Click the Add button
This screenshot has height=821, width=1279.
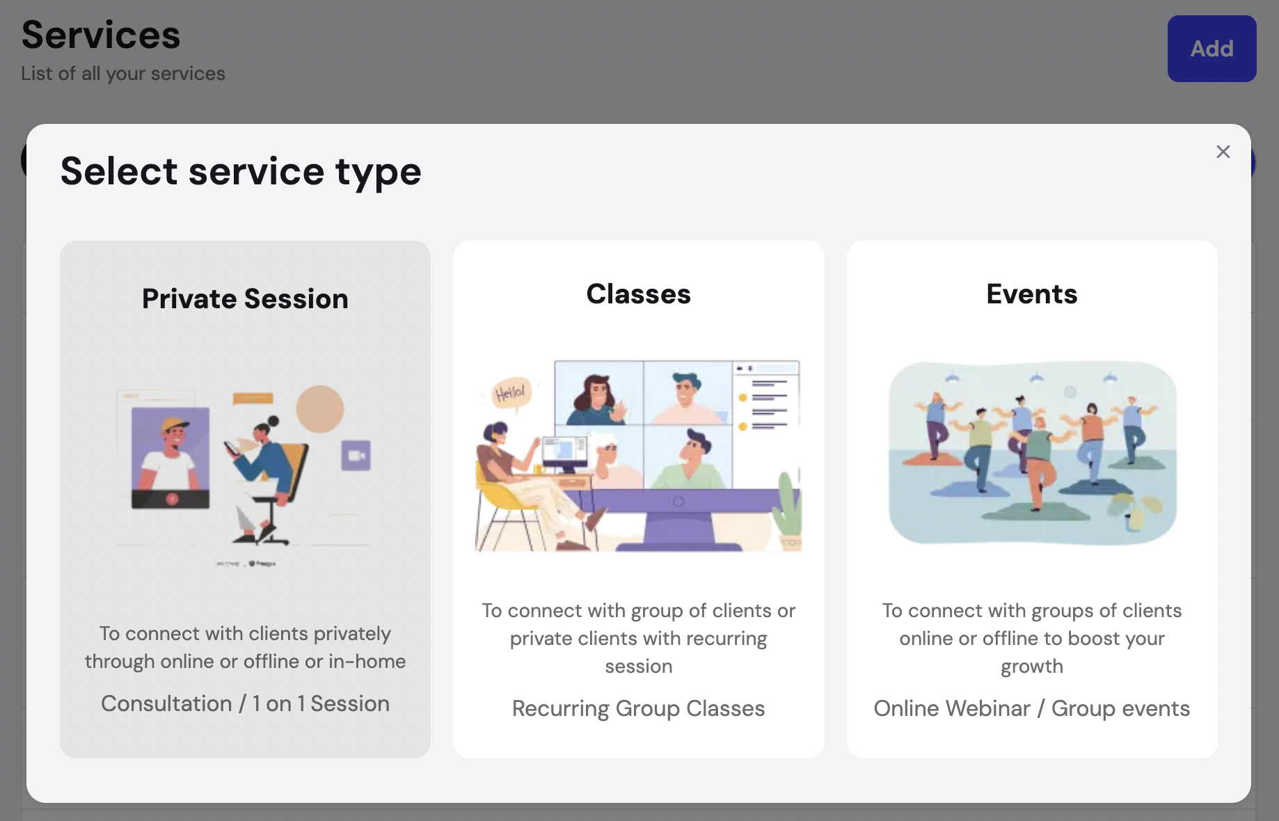tap(1212, 49)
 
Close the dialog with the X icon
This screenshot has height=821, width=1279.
tap(1223, 152)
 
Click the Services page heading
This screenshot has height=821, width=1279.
tap(101, 35)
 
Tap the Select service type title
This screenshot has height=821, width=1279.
tap(241, 171)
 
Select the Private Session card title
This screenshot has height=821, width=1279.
tap(245, 298)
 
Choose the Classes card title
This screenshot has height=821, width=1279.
tap(638, 294)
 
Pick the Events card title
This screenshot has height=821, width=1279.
tap(1031, 294)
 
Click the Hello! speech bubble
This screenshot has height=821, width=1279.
tap(511, 393)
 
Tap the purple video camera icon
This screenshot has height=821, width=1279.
tap(356, 456)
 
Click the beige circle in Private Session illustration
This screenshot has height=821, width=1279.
tap(320, 409)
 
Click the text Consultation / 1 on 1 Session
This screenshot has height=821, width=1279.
tap(245, 703)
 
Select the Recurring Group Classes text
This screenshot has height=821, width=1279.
tap(638, 708)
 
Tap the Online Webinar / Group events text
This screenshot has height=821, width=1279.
tap(1031, 708)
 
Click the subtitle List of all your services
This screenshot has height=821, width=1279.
tap(123, 73)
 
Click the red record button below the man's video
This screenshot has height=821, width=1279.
tap(171, 499)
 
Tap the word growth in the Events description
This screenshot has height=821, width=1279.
tap(1031, 667)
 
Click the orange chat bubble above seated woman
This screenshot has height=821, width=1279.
tap(253, 399)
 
